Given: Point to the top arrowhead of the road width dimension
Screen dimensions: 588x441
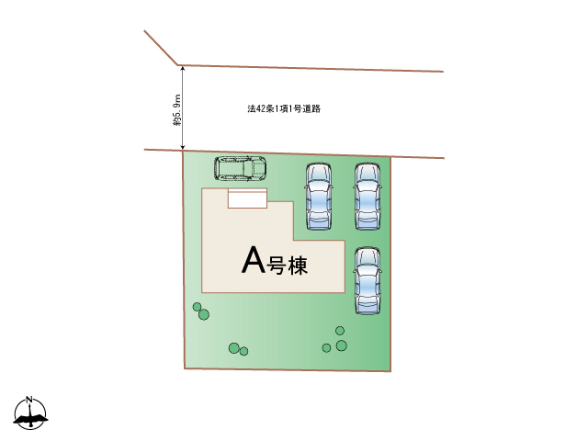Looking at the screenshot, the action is coord(183,69).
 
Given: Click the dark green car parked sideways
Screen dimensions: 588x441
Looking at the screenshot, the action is coord(241,169).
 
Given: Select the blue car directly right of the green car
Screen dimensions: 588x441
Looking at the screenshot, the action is coord(318,196).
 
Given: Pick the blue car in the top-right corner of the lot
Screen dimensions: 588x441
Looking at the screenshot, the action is coord(367,196).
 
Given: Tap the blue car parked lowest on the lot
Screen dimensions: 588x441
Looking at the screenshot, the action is coord(367,280).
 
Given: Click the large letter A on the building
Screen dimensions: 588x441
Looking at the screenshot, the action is coord(253,261).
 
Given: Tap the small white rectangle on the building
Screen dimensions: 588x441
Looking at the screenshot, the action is coord(247,198).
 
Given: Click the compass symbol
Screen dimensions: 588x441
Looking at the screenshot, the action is coord(30,415).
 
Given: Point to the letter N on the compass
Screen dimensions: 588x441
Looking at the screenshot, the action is coord(30,401).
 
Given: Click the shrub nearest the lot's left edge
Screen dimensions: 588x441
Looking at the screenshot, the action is coord(197,307).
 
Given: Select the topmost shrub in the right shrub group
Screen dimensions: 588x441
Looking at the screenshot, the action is coord(340,330).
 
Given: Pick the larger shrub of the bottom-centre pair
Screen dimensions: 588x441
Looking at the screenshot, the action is coord(234,347).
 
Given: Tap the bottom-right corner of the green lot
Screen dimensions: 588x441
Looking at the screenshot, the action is coord(390,371).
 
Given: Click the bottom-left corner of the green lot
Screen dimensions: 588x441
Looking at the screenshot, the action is coord(186,368).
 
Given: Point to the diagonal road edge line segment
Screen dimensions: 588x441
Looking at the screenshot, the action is coord(162,48).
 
